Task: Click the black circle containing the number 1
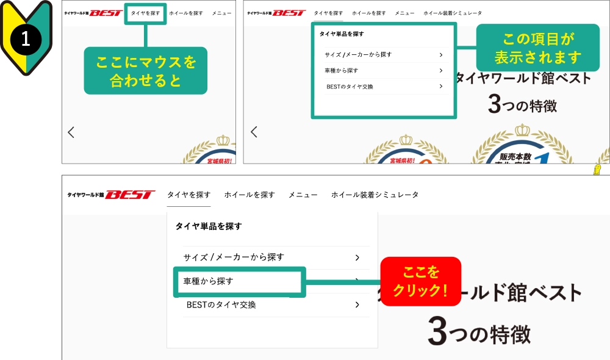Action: point(26,39)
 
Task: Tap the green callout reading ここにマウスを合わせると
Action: point(145,71)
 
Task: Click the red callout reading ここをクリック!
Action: point(420,281)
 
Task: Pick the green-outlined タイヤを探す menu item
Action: point(145,13)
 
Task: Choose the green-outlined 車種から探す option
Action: point(239,281)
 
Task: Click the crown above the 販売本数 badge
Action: point(523,131)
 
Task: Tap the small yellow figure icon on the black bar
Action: point(598,170)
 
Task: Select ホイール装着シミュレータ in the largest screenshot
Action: point(375,195)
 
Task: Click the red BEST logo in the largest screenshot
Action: point(130,195)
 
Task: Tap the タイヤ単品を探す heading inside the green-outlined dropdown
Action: point(342,34)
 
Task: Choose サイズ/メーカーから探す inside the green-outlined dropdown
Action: point(358,55)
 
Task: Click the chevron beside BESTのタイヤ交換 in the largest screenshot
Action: point(357,304)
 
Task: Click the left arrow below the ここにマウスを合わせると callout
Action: point(71,132)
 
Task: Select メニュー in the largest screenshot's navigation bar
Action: point(303,195)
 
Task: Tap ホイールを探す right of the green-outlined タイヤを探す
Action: point(186,13)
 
